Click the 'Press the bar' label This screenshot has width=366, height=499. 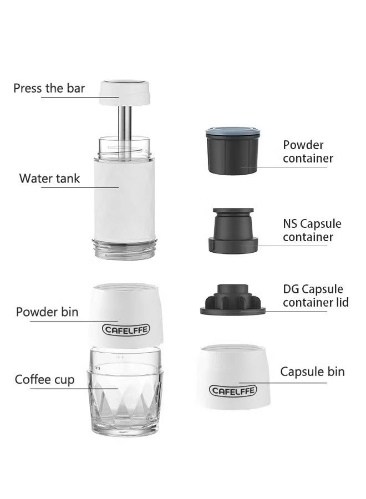[x=49, y=88]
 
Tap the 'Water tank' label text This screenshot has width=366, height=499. [x=49, y=178]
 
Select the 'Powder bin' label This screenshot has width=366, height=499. [x=47, y=312]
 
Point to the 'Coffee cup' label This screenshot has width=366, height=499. [x=44, y=380]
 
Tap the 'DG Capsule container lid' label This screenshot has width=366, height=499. [x=316, y=296]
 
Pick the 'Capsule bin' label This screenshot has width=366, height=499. [x=312, y=371]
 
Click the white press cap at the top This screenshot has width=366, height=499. [x=126, y=92]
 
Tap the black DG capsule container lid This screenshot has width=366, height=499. [x=233, y=299]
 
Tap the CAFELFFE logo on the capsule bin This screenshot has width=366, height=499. [x=233, y=390]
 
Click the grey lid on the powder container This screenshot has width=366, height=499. [x=233, y=134]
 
